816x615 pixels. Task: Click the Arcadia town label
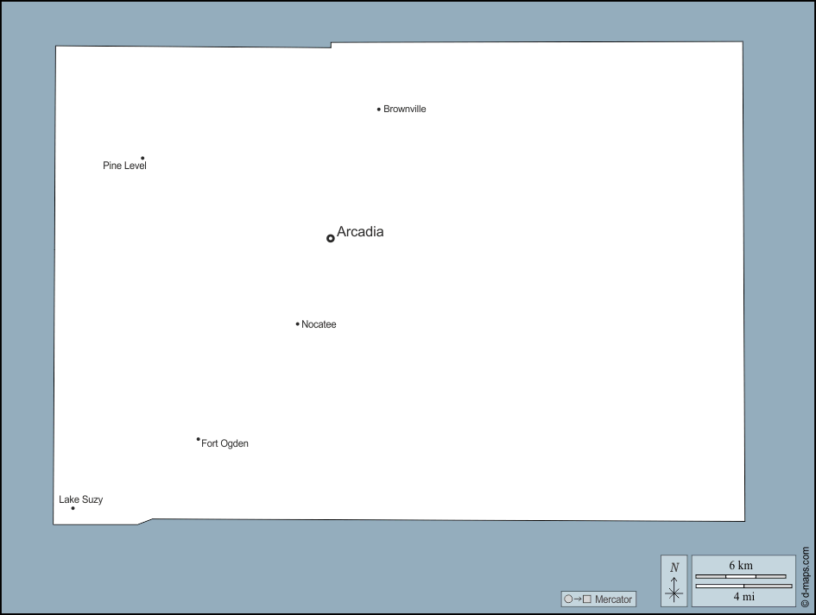click(360, 231)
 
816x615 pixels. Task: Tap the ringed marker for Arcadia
click(331, 239)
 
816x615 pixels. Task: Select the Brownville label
click(405, 110)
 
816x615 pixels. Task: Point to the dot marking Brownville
click(379, 110)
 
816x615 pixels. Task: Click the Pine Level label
click(124, 166)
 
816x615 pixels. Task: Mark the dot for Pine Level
click(142, 158)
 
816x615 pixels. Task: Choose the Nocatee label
click(319, 324)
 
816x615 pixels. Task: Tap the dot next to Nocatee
click(298, 323)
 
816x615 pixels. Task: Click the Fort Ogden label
click(225, 443)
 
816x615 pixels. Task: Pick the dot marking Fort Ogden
click(199, 439)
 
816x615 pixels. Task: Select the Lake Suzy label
click(80, 499)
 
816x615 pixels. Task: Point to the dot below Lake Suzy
click(73, 508)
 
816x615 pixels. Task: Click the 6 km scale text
click(741, 565)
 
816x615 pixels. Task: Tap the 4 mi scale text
click(743, 597)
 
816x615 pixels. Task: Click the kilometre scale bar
click(741, 576)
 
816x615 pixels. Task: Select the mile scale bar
click(743, 586)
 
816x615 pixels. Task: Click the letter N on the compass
click(674, 568)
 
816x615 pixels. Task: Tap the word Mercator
click(613, 599)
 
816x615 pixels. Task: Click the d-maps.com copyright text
click(806, 576)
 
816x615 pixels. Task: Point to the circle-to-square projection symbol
click(578, 599)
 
